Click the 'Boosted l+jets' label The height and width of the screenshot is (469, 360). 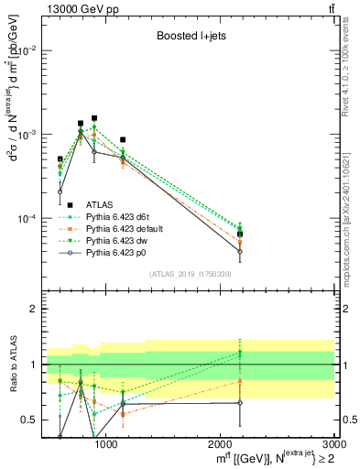click(191, 37)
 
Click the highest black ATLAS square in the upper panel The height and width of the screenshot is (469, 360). click(94, 118)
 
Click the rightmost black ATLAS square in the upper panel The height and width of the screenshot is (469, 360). click(239, 234)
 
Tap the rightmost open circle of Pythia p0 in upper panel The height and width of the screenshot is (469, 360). click(239, 251)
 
